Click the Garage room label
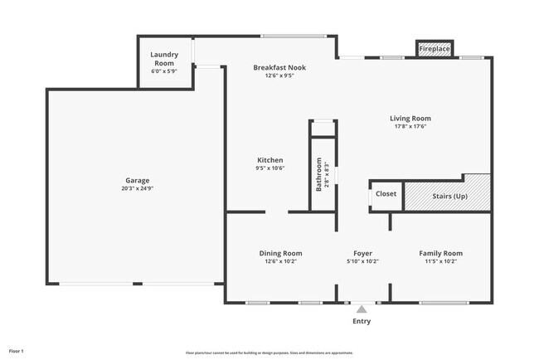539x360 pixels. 137,180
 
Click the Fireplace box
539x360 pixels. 434,50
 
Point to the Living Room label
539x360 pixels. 410,119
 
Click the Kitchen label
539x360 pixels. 270,160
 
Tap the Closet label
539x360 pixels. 386,194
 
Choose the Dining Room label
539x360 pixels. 279,253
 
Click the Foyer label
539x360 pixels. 362,253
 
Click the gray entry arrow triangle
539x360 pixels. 361,309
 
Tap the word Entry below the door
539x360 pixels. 362,321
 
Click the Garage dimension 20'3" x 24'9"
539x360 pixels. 137,188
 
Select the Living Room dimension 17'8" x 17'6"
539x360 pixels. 410,127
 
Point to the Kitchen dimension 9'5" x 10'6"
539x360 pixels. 270,168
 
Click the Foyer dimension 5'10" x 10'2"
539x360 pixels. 362,261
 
